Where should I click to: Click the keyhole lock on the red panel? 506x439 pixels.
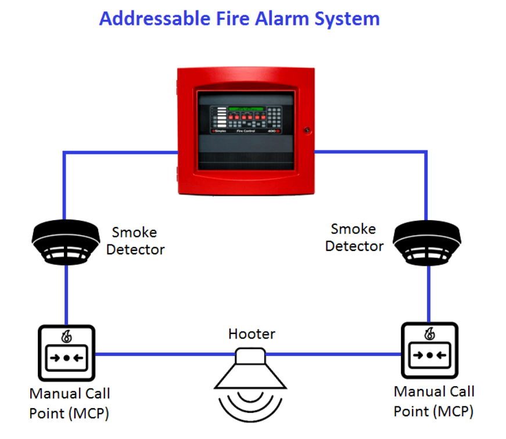307,130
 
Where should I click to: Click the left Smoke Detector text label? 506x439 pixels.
135,241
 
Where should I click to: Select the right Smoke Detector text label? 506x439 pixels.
354,237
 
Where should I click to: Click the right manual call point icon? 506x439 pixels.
429,350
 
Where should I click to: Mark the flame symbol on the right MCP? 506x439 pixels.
429,333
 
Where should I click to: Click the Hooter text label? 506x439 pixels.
252,334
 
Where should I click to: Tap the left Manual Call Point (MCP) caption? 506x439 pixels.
70,403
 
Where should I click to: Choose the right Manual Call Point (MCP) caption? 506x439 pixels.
433,401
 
